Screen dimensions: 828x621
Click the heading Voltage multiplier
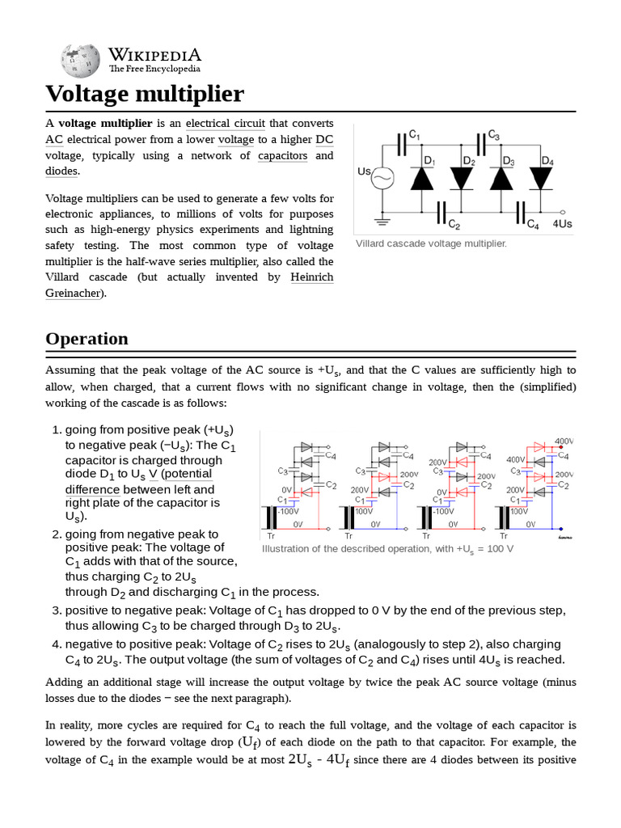tap(144, 94)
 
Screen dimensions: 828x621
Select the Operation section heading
tap(87, 338)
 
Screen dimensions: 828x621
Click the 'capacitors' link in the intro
tap(282, 155)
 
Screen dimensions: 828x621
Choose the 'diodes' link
tap(61, 171)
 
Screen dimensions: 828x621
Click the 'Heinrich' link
tap(310, 277)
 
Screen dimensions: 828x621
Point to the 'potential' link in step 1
tap(188, 474)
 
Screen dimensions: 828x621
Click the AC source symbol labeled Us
tap(381, 179)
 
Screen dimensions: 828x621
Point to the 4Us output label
tap(562, 224)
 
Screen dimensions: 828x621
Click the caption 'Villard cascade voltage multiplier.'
tap(431, 243)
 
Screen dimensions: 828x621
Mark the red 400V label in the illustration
tap(564, 441)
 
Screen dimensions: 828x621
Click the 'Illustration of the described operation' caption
tap(387, 549)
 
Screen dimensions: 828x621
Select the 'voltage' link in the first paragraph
tap(236, 139)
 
